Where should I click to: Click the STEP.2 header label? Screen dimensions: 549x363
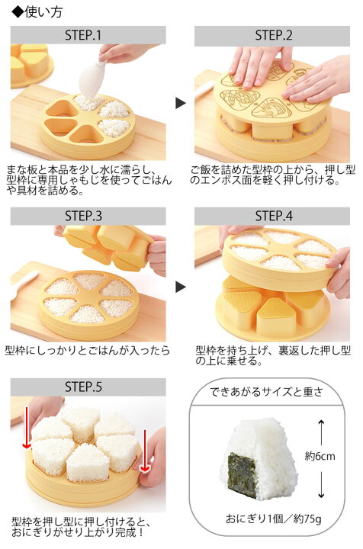[273, 35]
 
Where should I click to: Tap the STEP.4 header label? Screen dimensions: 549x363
[273, 216]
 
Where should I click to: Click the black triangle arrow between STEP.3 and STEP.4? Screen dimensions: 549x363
[180, 287]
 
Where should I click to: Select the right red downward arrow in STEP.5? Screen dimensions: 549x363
[144, 449]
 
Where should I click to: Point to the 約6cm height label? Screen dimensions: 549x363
[320, 456]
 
